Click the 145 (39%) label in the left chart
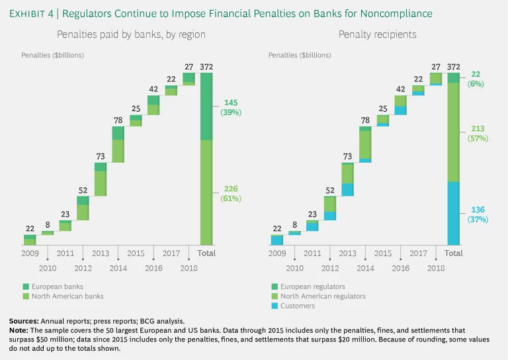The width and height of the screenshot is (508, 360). (231, 107)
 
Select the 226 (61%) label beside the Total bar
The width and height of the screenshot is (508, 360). (231, 193)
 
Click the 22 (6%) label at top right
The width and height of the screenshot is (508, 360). (476, 79)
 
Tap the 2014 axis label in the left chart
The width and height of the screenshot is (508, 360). (118, 268)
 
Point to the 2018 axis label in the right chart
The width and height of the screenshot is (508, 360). (435, 268)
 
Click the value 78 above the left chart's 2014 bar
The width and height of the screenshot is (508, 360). (118, 120)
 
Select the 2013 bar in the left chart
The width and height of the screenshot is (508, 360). (101, 179)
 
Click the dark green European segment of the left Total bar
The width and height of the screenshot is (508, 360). (206, 106)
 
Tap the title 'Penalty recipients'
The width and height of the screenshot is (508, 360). (365, 34)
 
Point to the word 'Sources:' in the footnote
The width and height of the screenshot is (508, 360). (26, 320)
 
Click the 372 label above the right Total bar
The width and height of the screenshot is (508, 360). (453, 66)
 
